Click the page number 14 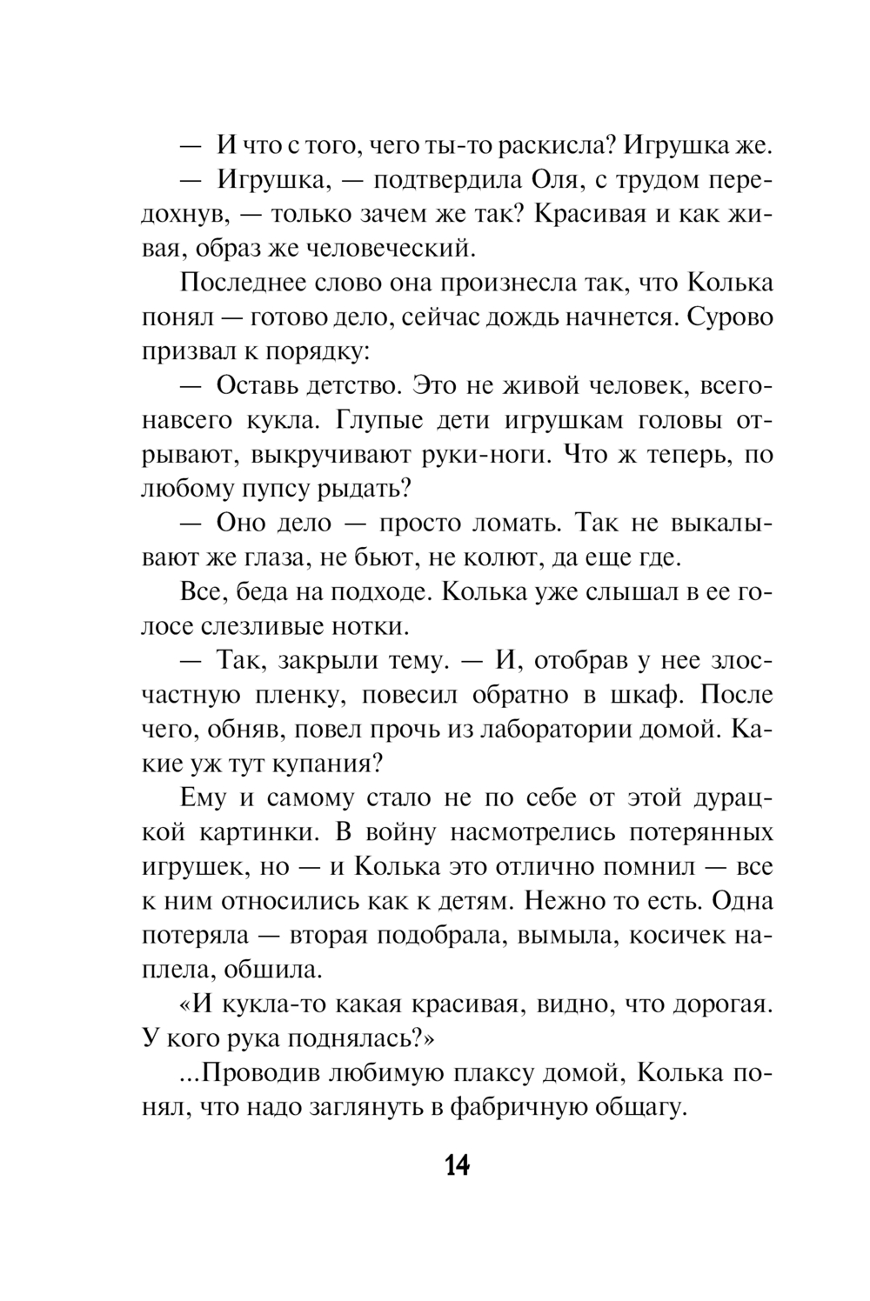(x=457, y=1164)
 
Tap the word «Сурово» (x=729, y=318)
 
